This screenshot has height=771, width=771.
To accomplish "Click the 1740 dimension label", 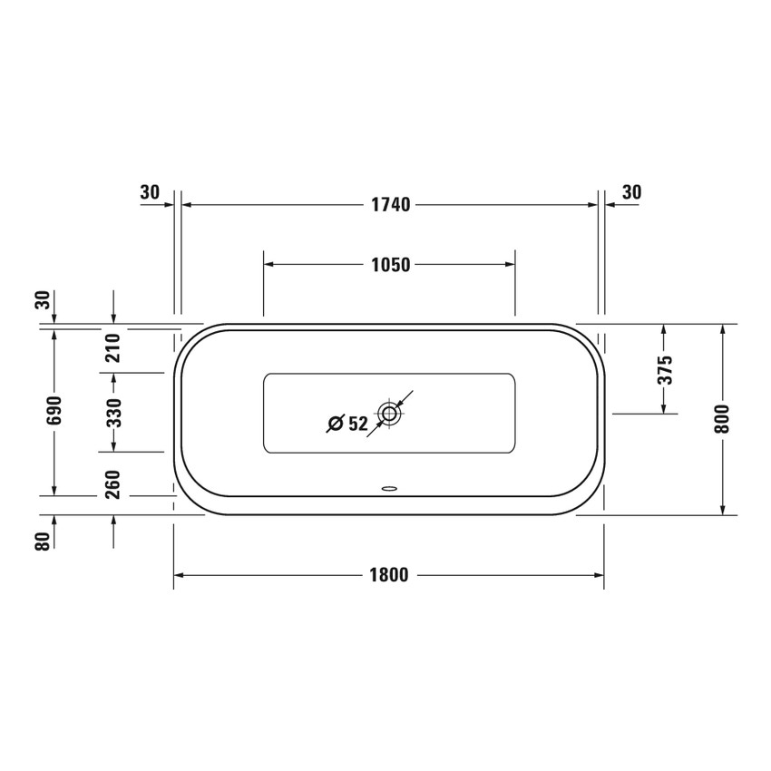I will tap(391, 205).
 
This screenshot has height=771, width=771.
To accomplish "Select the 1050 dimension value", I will tap(391, 265).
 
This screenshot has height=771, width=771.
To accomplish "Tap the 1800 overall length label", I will tap(388, 575).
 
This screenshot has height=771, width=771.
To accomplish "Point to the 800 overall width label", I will tap(722, 418).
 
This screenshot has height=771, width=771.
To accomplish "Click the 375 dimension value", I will tap(664, 370).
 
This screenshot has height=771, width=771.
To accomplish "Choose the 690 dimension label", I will tap(54, 411).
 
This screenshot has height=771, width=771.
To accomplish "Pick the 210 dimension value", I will tap(113, 347).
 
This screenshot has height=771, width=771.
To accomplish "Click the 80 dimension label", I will tap(41, 542).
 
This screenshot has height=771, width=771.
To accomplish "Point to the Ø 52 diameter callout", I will tap(347, 423).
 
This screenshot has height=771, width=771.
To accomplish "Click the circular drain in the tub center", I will tap(390, 415).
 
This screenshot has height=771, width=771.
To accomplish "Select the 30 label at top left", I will tap(151, 192).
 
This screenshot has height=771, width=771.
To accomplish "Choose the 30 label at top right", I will tap(632, 192).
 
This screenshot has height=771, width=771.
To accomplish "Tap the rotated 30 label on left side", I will tap(41, 300).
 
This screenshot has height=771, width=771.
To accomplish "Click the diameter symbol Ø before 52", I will tap(334, 423).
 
